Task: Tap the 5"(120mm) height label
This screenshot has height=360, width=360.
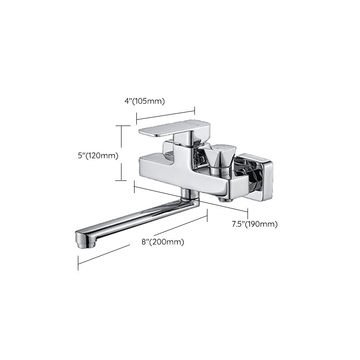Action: coord(98,156)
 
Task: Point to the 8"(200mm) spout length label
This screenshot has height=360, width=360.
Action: coord(163,242)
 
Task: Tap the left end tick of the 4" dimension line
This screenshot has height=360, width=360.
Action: coord(136,119)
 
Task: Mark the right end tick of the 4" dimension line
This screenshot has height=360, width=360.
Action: coord(195,109)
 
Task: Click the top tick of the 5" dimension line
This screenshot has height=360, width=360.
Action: coord(121,126)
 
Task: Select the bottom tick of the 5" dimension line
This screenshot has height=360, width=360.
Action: coord(121,180)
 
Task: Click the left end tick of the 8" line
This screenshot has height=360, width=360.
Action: coord(78,262)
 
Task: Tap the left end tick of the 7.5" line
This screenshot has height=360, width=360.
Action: coord(134,186)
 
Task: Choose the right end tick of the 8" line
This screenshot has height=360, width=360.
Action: coord(207,216)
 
